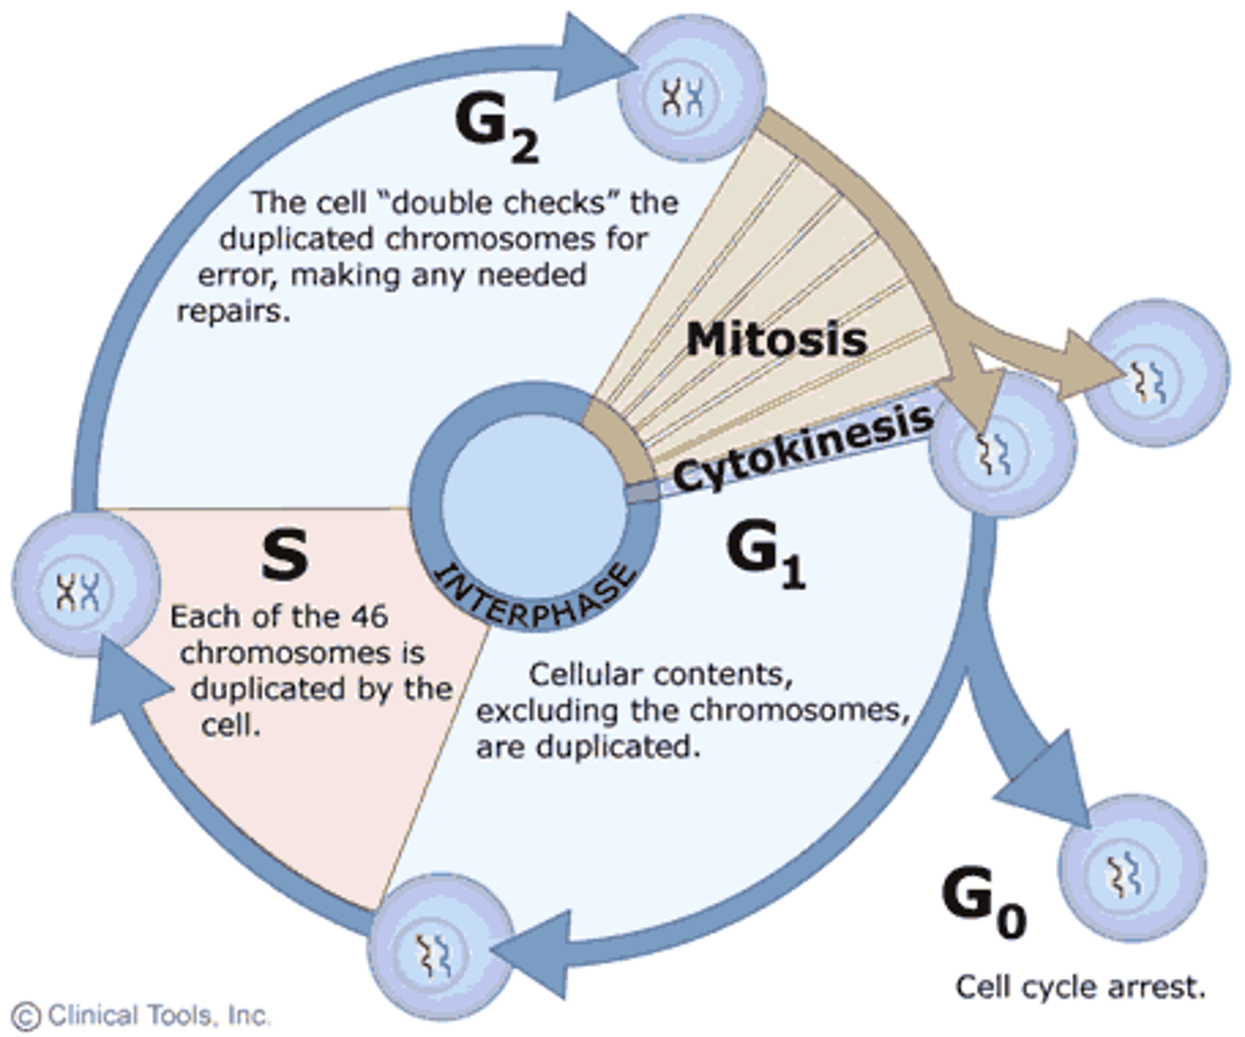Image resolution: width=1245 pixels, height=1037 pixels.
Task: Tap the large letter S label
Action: pyautogui.click(x=284, y=555)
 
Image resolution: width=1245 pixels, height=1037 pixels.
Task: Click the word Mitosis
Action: pyautogui.click(x=776, y=339)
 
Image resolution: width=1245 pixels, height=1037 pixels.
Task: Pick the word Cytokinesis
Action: pyautogui.click(x=802, y=447)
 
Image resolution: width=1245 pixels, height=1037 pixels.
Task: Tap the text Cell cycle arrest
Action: pyautogui.click(x=1080, y=987)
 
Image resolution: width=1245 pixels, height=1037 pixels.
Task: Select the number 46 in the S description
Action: pyautogui.click(x=369, y=617)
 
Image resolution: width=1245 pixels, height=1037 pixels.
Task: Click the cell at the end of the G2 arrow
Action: pyautogui.click(x=695, y=90)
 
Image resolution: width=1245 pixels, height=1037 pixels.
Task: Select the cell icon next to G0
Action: pyautogui.click(x=1132, y=868)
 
